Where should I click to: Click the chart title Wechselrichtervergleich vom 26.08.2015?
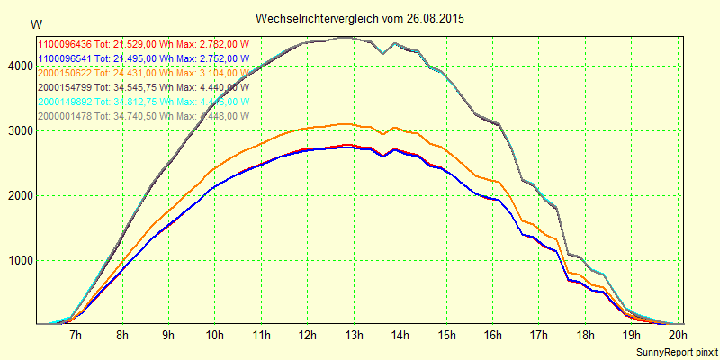tap(360, 18)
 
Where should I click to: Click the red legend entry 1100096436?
tap(142, 43)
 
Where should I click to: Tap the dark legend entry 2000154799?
tap(142, 86)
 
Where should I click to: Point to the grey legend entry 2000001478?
tap(142, 115)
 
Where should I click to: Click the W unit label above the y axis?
tap(35, 23)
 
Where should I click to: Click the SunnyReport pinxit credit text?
tap(673, 350)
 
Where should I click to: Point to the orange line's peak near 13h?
tap(346, 124)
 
